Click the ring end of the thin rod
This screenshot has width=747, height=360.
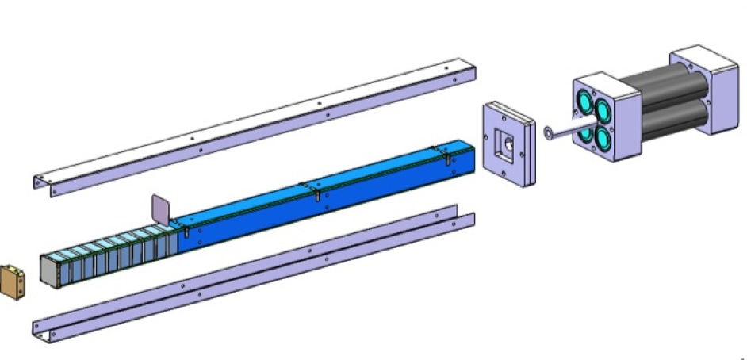549,133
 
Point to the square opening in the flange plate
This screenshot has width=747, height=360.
504,144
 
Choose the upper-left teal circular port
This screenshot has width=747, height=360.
586,103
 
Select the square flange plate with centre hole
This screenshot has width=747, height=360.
505,144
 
